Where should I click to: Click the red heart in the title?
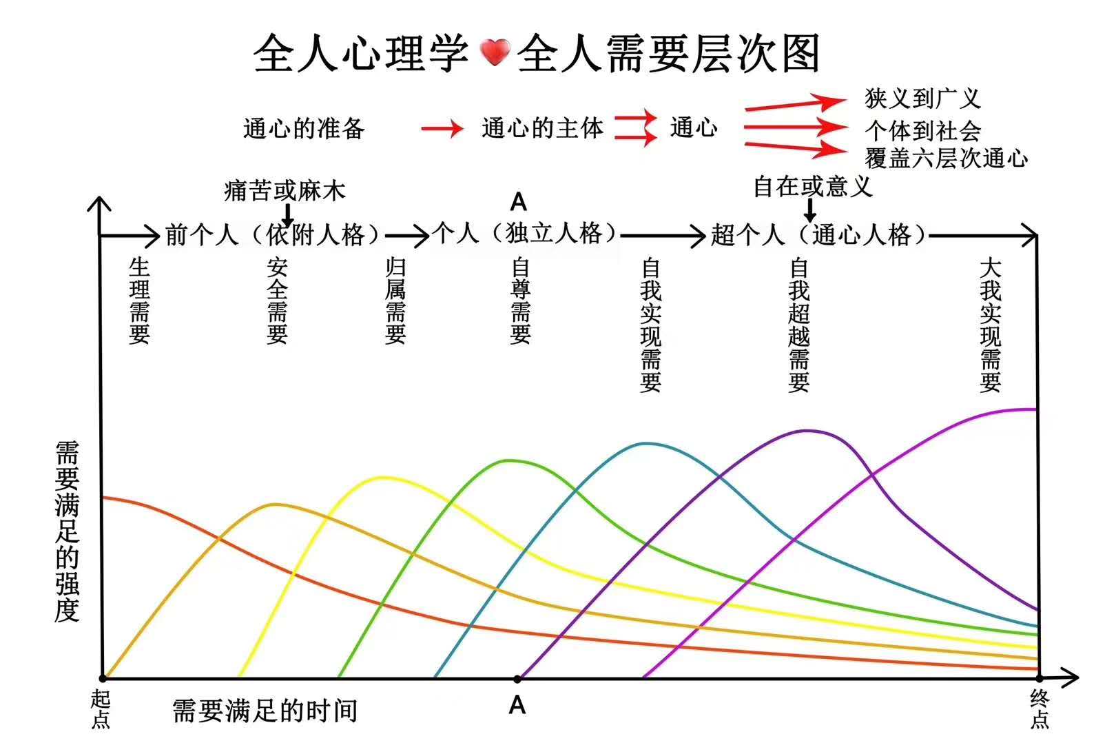(494, 53)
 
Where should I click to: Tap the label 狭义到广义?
(922, 99)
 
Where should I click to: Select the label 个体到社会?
(922, 130)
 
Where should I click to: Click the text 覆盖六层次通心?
(946, 159)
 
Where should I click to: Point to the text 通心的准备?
(304, 128)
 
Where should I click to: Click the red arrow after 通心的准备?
(442, 128)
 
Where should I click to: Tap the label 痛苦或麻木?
(285, 190)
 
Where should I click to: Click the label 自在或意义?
(813, 186)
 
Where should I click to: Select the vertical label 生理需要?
(139, 301)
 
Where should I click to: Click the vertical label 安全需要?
(277, 301)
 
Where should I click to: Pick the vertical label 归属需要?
(395, 301)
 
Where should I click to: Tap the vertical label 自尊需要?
(520, 301)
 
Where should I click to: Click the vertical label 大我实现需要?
(990, 325)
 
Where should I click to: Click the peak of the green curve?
(510, 460)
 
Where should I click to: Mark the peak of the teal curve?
(645, 443)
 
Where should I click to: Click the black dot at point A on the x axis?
(517, 679)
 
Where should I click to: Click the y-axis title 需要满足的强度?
(67, 531)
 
